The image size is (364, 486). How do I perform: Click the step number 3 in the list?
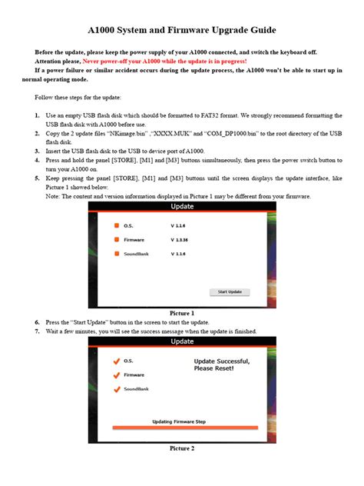pos(37,151)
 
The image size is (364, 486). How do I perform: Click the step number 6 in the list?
pos(37,321)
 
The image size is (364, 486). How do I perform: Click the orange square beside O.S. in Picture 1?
pos(117,226)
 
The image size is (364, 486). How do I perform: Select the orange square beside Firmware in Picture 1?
pos(117,240)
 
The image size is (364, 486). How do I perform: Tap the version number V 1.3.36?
pos(181,240)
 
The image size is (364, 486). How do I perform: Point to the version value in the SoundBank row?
pos(179,254)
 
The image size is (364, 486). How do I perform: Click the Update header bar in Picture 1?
pos(182,208)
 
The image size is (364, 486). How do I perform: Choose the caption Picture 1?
pos(182,312)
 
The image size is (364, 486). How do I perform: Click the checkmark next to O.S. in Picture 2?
pos(116,361)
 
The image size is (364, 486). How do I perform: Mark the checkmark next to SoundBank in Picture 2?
pos(116,389)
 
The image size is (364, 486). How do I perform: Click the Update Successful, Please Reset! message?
pos(223,364)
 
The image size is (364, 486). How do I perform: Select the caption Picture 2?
pos(182,448)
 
